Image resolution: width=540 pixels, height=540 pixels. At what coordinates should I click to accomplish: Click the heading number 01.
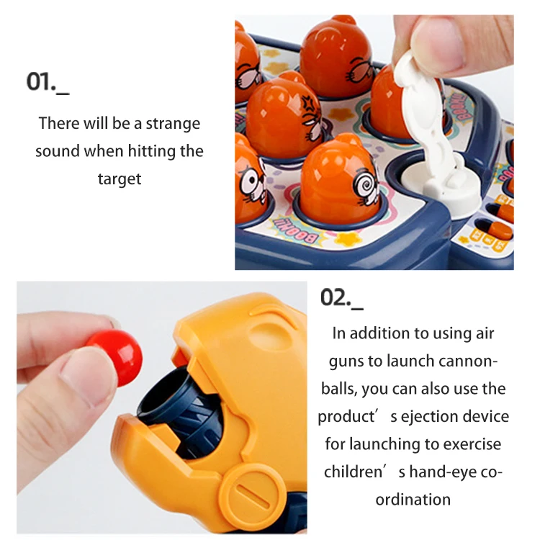[x=42, y=81]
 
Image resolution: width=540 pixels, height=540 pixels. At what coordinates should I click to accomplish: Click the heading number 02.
[x=336, y=297]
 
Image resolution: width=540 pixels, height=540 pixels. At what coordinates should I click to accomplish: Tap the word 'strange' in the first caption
[x=173, y=123]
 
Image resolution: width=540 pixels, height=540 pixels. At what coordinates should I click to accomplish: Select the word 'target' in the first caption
[x=120, y=179]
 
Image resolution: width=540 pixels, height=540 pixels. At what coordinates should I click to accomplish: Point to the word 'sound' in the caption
[x=57, y=151]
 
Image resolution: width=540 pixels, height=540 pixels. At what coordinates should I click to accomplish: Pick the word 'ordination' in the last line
[x=413, y=499]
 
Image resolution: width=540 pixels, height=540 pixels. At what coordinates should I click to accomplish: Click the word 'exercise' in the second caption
[x=473, y=444]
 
